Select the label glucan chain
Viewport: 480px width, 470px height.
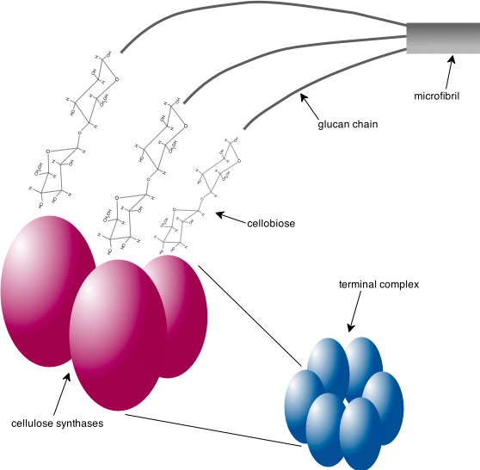coord(348,124)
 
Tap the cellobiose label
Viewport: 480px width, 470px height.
coord(271,223)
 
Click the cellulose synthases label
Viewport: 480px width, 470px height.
coord(58,424)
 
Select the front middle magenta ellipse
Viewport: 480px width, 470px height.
coord(118,336)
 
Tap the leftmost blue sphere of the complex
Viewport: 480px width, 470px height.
coord(300,405)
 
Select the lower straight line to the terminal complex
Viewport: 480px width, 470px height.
coord(215,430)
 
